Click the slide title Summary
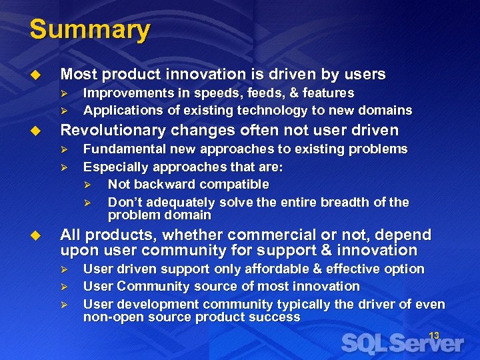pyautogui.click(x=90, y=30)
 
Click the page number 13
pyautogui.click(x=434, y=335)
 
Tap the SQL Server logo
pyautogui.click(x=403, y=344)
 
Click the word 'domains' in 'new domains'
pyautogui.click(x=388, y=110)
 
